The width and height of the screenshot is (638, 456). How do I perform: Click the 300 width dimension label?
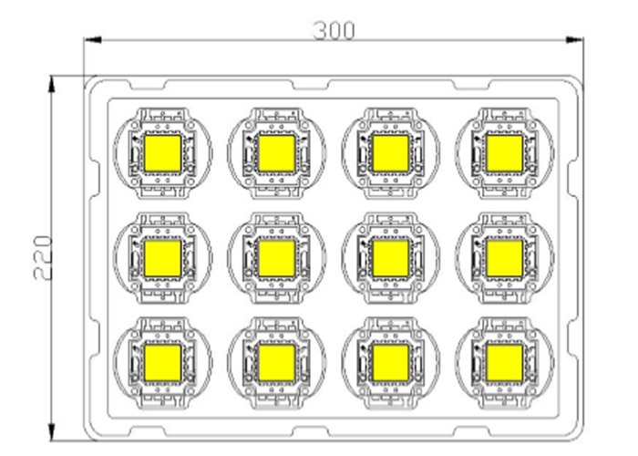click(x=334, y=30)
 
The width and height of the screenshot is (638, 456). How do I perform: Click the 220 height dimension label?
click(x=43, y=257)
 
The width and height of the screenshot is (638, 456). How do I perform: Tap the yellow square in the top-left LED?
click(x=163, y=153)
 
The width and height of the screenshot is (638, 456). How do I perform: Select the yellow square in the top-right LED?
click(x=505, y=153)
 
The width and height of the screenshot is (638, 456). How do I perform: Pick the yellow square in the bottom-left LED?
click(x=163, y=363)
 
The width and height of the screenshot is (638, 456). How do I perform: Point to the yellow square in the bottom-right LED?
click(x=505, y=363)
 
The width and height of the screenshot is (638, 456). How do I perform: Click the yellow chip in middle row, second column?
click(x=277, y=258)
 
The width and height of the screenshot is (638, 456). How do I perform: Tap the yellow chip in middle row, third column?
click(x=391, y=258)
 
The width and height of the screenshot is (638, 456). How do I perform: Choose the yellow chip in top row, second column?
click(x=277, y=153)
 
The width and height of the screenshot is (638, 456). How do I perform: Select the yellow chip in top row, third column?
click(x=391, y=153)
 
